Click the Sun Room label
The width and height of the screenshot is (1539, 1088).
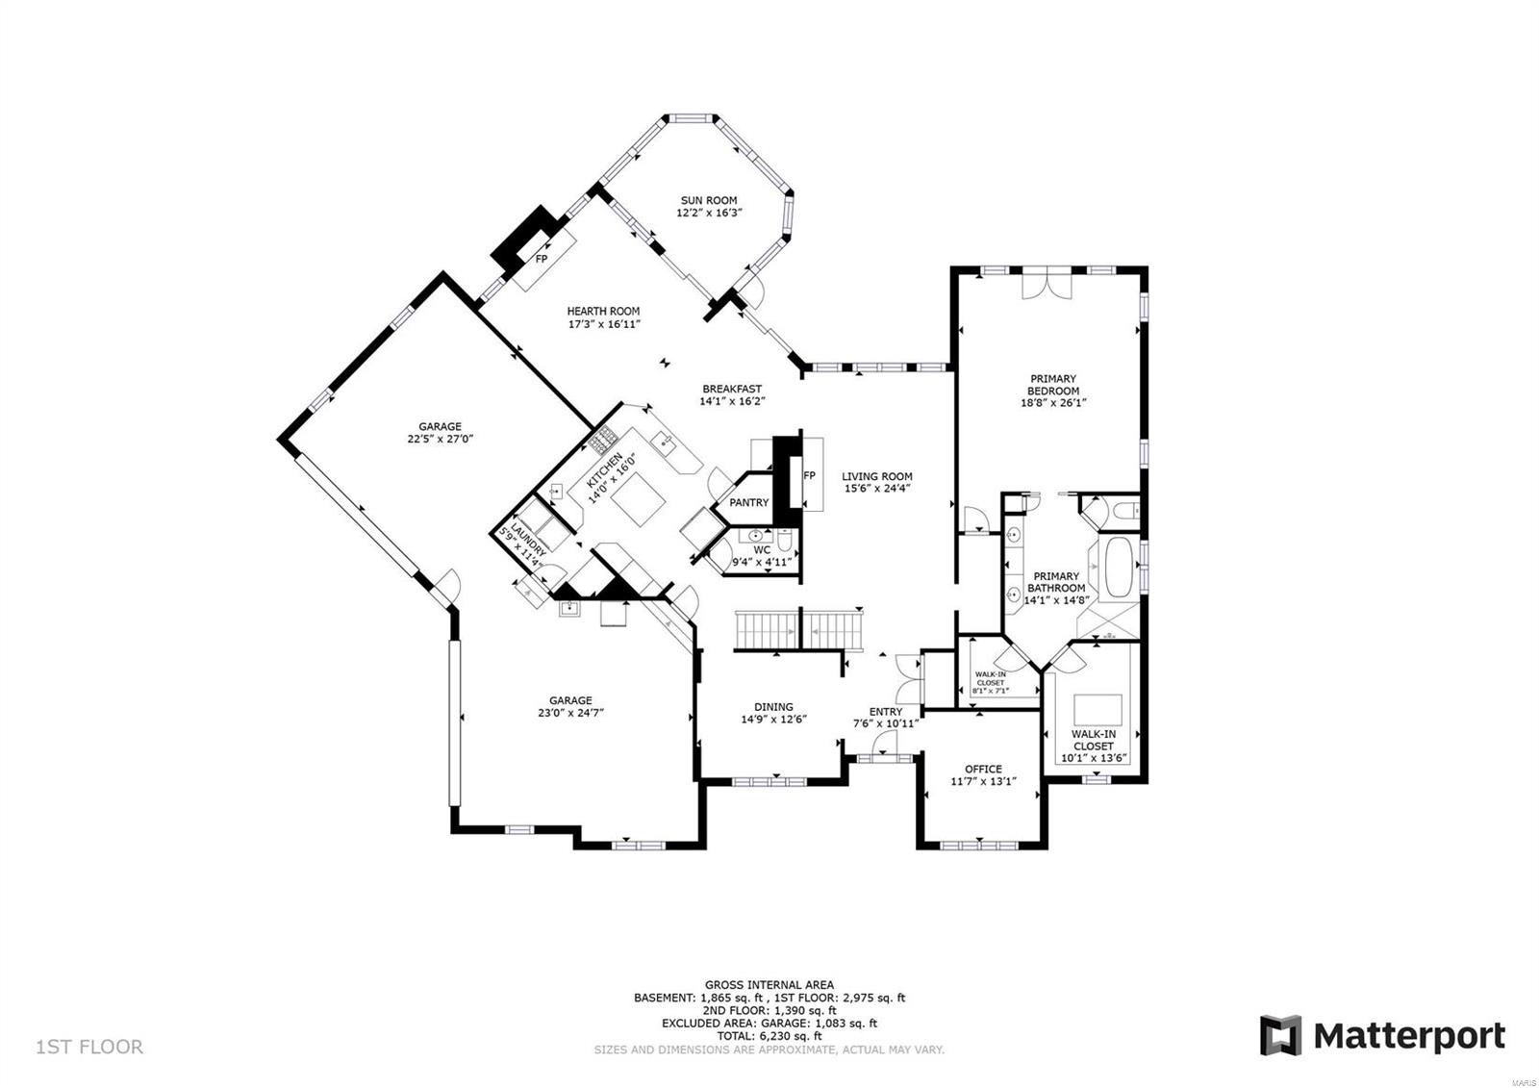point(708,201)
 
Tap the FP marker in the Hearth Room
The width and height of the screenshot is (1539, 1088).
point(542,259)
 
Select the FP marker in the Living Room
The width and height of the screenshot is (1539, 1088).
point(809,475)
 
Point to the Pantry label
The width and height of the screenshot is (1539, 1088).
point(748,502)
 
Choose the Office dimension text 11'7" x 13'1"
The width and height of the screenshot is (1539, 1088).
point(983,782)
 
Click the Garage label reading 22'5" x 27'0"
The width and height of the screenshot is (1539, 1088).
point(440,439)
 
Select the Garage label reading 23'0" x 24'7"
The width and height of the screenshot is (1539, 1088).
point(570,713)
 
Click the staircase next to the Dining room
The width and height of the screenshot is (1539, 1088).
point(798,629)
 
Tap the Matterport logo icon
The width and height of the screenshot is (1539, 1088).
point(1280,1035)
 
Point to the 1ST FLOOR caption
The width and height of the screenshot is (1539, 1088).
point(89,1047)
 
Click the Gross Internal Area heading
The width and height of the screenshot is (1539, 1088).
point(769,984)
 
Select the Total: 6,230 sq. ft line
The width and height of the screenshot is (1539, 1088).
point(769,1036)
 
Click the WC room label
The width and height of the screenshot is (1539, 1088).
point(762,550)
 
